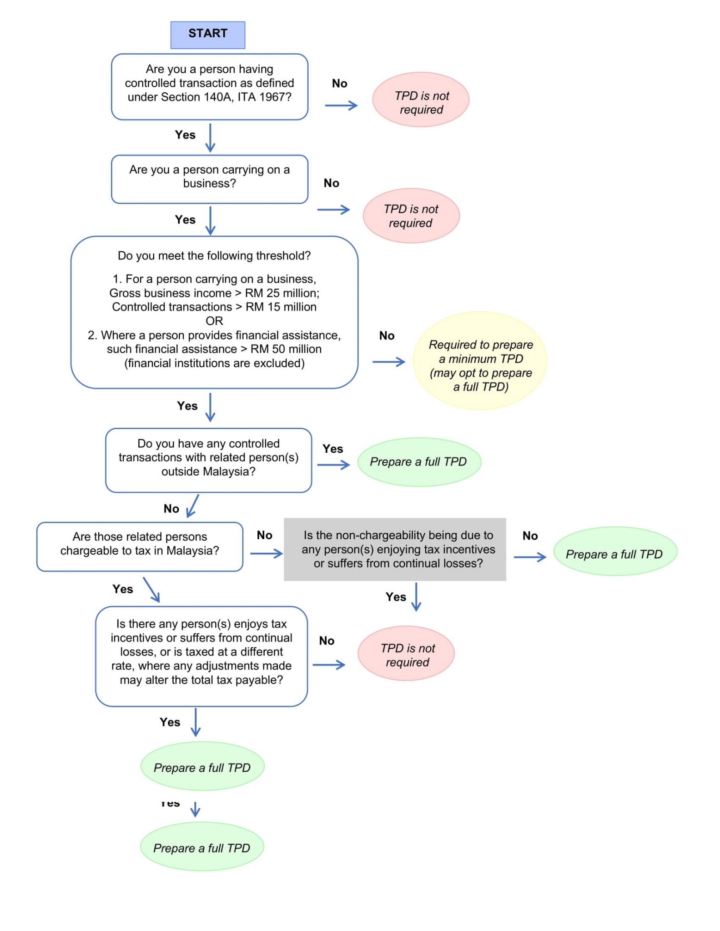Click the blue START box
point(207,35)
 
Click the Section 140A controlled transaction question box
point(209,86)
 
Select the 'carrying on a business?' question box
point(209,179)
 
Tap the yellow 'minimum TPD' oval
point(480,361)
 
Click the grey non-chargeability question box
point(394,549)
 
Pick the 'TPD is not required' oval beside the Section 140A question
point(420,100)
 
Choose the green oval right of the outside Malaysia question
point(419,462)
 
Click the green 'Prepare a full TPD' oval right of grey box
point(614,551)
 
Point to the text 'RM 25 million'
point(282,293)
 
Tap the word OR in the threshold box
point(214,321)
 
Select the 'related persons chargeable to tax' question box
point(140,546)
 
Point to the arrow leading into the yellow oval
point(388,362)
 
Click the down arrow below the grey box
point(416,596)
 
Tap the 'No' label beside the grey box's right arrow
point(530,536)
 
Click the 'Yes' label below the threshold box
point(187,405)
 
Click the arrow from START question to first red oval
point(341,105)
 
